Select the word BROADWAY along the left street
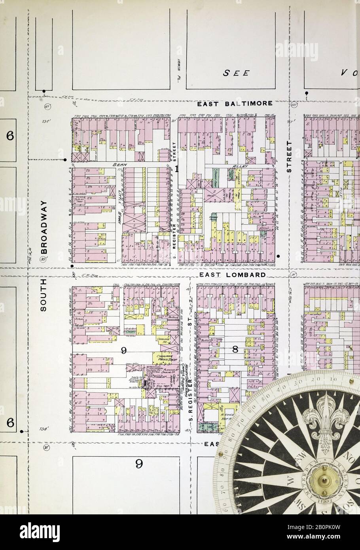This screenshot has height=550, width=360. pos(44,227)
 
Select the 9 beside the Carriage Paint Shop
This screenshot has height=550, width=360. pos(124,350)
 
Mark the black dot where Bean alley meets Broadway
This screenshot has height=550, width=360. pos(65,160)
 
